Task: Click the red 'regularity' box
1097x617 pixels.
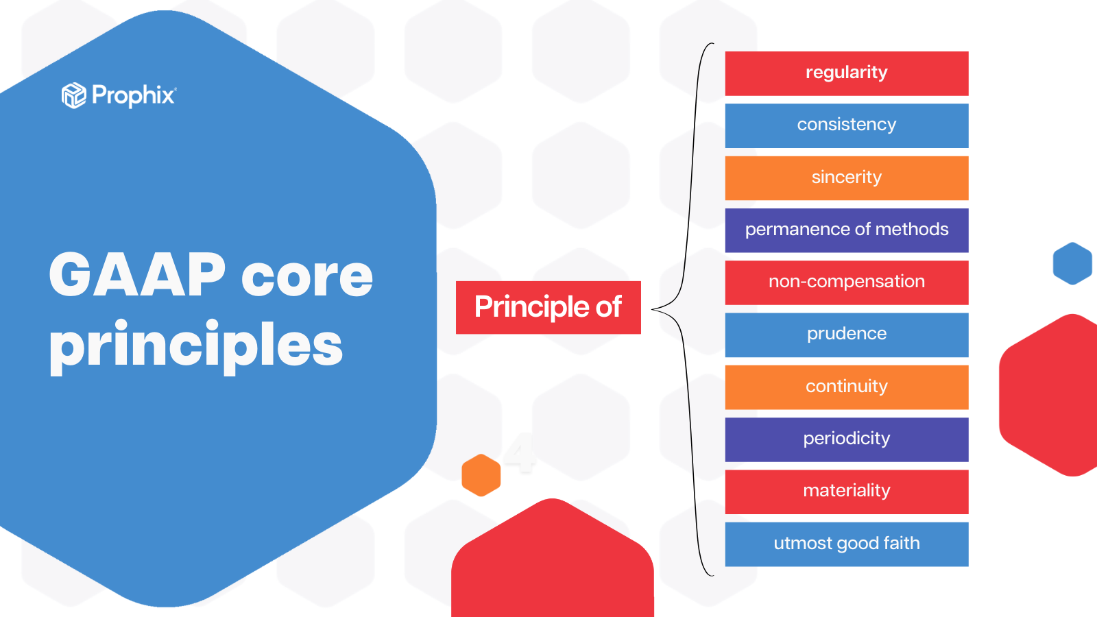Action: [847, 73]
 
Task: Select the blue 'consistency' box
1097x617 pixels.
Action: [847, 126]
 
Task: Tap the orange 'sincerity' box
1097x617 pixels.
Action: [847, 178]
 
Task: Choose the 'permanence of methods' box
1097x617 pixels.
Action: [847, 230]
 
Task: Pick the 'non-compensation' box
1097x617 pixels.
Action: [847, 282]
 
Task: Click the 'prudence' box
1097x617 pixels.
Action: [847, 335]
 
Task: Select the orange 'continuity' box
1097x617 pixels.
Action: [847, 387]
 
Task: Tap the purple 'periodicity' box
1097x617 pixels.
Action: [847, 439]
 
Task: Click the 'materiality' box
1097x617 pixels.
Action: [847, 492]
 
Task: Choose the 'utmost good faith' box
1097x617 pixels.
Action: [847, 544]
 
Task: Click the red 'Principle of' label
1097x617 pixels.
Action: [548, 308]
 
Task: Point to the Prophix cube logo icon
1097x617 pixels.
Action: [74, 95]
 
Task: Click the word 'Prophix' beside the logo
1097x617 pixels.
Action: [133, 95]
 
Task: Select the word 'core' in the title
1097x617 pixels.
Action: [307, 278]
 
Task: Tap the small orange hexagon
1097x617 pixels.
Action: [481, 475]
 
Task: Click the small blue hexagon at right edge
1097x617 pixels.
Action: [1072, 263]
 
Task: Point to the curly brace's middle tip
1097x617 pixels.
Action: [652, 309]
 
